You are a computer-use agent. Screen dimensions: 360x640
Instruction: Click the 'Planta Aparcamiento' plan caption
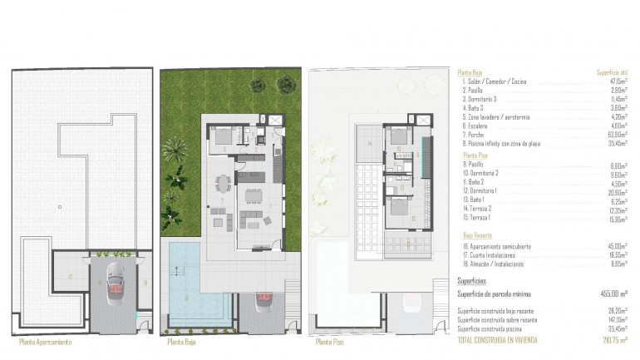45,342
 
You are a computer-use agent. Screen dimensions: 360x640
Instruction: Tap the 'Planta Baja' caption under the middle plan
185,342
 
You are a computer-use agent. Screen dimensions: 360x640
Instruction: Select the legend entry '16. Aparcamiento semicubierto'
497,246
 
